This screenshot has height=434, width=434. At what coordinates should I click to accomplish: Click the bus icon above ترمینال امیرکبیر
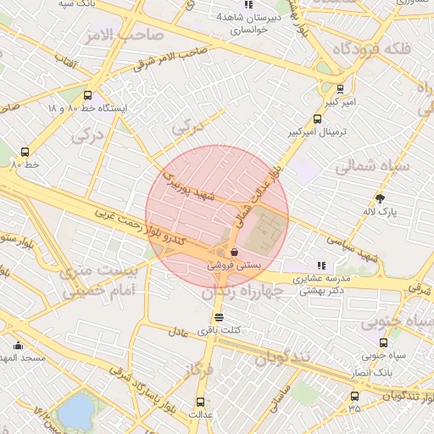coord(317,120)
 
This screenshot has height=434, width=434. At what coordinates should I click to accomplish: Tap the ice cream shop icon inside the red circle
coord(233,252)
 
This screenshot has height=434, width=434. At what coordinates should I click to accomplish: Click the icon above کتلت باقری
coord(220,317)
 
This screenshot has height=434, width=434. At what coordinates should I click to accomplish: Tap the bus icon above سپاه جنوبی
coord(384,342)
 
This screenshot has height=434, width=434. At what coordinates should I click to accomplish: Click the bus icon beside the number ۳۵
coord(353,396)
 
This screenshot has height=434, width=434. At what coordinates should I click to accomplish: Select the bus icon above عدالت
coord(201,402)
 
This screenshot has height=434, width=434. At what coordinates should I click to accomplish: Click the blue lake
coord(76,412)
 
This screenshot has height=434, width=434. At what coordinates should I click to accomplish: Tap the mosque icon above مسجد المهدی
coord(18,346)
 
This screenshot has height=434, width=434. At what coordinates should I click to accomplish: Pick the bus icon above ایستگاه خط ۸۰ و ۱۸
coord(88,96)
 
